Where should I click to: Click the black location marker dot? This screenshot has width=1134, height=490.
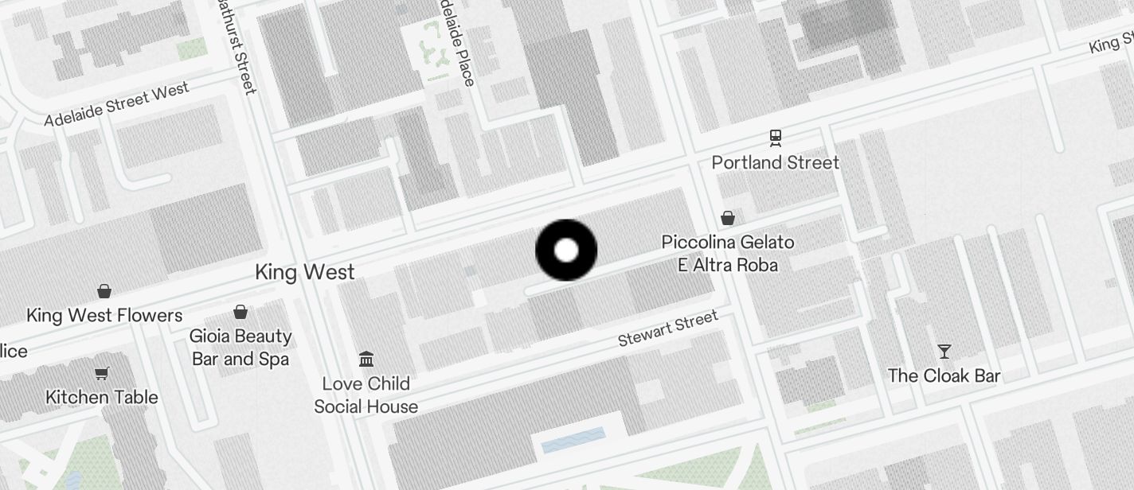[566, 251]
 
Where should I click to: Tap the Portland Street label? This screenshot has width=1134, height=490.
[775, 163]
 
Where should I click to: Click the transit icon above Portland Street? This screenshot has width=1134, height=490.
[776, 138]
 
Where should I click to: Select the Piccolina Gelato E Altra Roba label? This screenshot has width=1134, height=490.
[727, 253]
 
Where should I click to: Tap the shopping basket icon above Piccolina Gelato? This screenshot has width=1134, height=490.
[727, 218]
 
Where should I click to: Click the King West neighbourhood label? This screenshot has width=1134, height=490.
[305, 273]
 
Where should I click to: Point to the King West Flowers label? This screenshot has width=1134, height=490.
[104, 316]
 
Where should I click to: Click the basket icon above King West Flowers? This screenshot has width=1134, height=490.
[104, 291]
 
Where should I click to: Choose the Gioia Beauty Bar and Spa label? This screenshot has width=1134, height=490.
[240, 348]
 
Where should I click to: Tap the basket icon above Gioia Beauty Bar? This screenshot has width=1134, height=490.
[240, 312]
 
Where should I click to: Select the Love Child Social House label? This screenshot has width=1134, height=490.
[366, 395]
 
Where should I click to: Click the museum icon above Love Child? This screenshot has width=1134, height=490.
[366, 360]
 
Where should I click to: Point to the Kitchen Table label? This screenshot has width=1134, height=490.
[102, 397]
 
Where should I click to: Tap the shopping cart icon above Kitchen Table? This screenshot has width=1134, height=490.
[102, 373]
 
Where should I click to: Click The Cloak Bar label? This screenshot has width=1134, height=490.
[944, 375]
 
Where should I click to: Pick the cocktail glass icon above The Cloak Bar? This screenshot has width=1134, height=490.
[944, 351]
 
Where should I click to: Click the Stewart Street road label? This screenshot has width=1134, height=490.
[668, 329]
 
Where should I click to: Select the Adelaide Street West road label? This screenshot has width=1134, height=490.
[117, 104]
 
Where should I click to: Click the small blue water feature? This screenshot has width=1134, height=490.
[573, 440]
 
